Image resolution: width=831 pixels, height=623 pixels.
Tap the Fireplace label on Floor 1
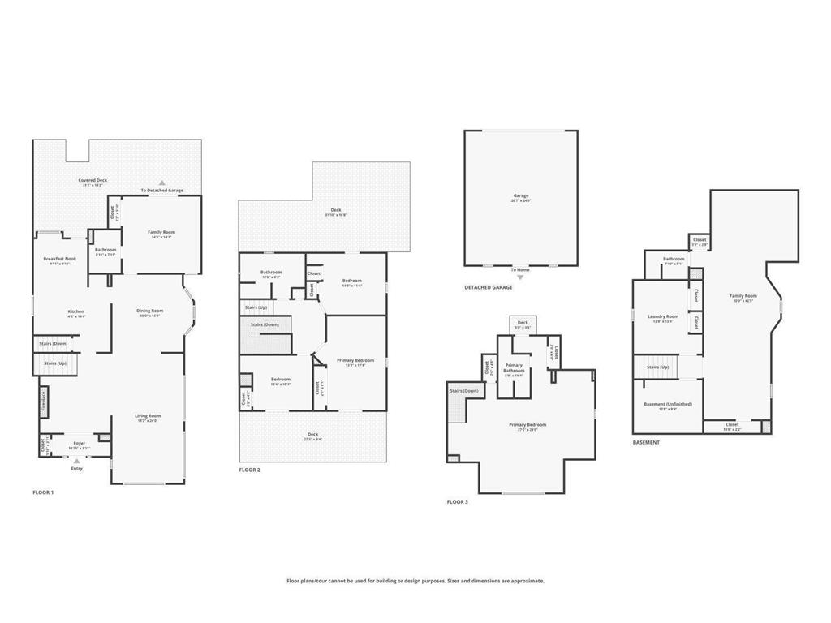click(43, 400)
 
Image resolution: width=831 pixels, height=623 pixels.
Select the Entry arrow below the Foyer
click(77, 461)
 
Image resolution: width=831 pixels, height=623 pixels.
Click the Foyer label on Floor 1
click(79, 443)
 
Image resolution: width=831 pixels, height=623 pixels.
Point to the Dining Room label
click(149, 311)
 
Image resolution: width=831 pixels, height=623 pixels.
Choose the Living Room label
click(148, 416)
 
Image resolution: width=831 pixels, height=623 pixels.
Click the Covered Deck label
click(93, 180)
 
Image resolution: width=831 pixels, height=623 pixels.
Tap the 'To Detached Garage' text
click(161, 191)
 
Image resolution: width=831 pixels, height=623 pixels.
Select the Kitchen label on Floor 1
click(75, 311)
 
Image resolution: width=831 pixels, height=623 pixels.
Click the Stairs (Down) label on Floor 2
click(265, 324)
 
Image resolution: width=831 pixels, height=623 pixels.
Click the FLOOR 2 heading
click(249, 470)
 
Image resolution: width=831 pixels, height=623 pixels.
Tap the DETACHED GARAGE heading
click(489, 288)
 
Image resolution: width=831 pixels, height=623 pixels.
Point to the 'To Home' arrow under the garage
click(520, 276)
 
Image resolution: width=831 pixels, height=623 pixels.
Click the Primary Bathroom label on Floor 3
click(514, 368)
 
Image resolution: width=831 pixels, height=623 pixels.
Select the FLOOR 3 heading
click(458, 502)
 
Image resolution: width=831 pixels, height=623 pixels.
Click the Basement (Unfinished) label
click(667, 404)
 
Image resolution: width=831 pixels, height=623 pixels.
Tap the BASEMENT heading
click(646, 443)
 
